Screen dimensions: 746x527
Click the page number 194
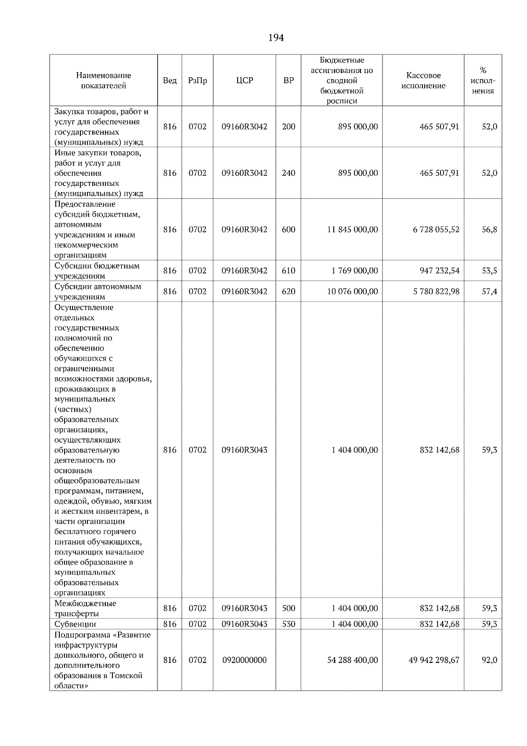[x=276, y=38]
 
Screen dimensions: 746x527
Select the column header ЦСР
[x=244, y=80]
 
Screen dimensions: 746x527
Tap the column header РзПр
[x=197, y=80]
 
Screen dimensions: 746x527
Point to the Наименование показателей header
[x=103, y=80]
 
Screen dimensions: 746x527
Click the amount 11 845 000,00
[x=352, y=229]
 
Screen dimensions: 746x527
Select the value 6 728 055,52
[x=436, y=229]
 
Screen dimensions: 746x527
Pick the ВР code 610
[x=289, y=271]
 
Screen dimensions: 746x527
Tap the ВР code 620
[x=289, y=291]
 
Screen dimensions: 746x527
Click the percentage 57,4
[x=489, y=291]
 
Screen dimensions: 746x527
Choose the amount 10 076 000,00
[x=352, y=291]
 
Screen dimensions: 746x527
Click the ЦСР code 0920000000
[x=244, y=660]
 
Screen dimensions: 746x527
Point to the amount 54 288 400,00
[x=352, y=660]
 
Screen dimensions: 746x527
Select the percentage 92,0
[x=489, y=660]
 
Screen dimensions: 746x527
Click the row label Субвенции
[x=75, y=624]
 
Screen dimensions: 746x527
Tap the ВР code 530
[x=289, y=624]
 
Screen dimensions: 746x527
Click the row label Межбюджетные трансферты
[x=85, y=608]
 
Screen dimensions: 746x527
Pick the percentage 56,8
[x=489, y=229]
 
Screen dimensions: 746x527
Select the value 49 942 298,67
[x=434, y=660]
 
